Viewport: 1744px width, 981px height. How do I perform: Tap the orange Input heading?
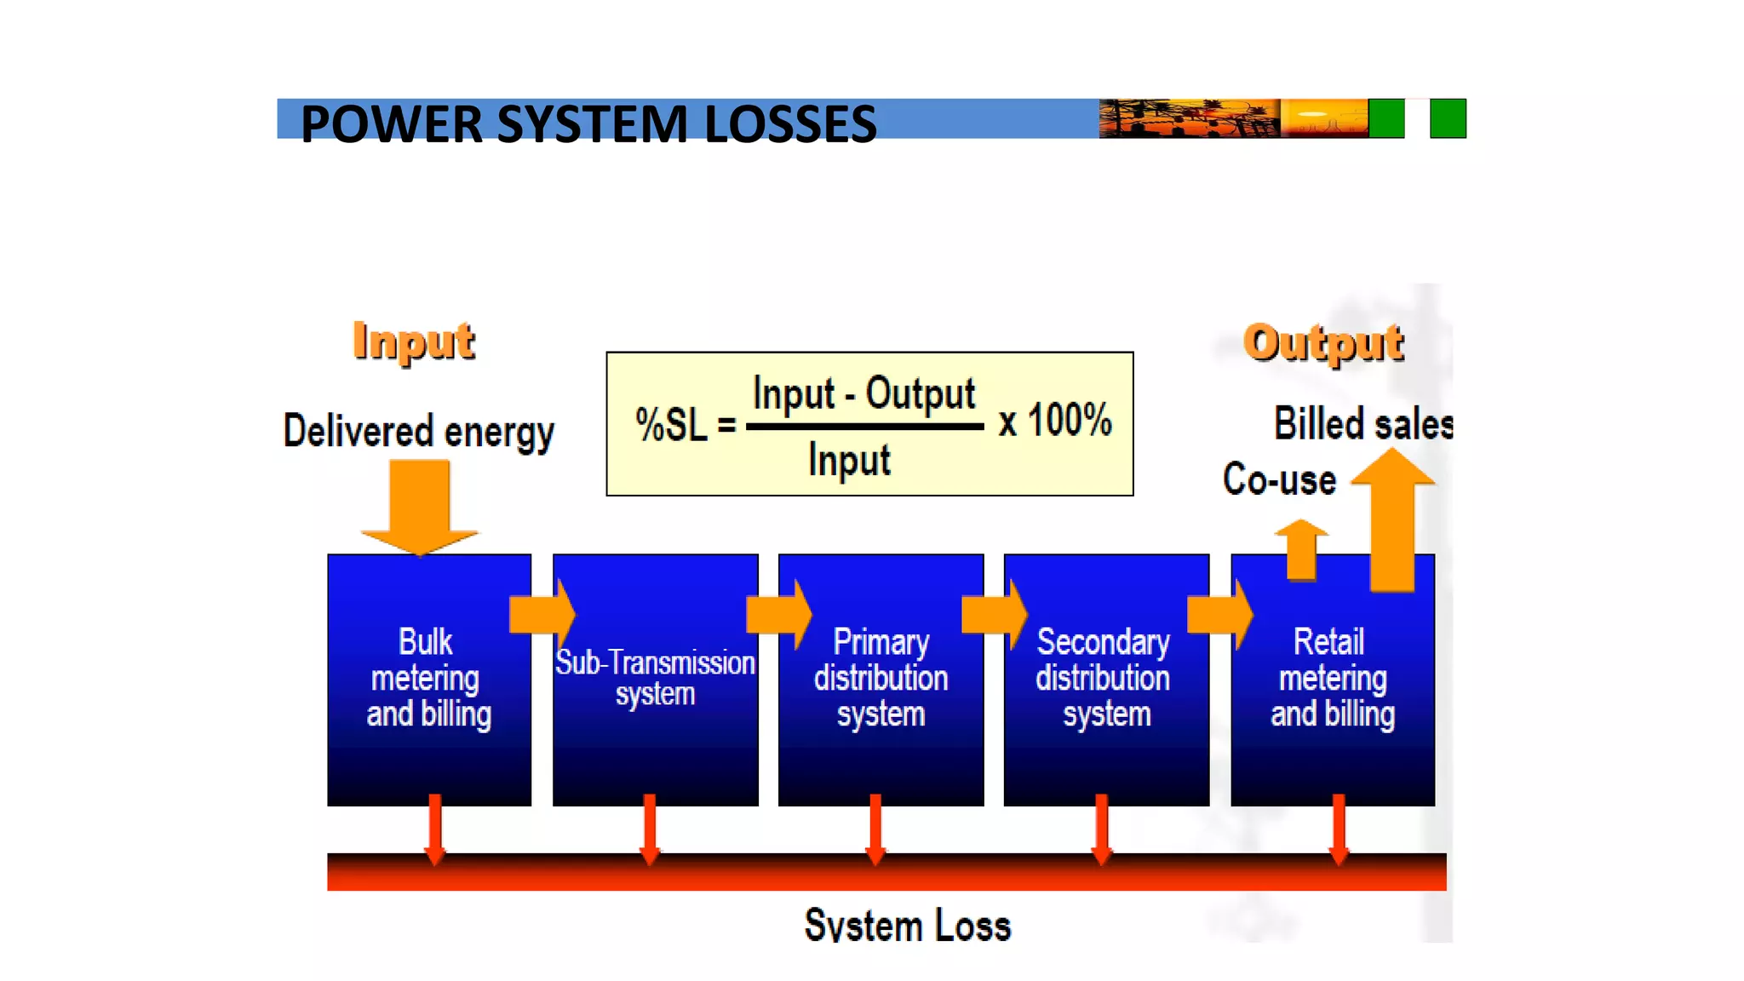pyautogui.click(x=414, y=341)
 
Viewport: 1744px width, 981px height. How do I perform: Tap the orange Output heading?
pyautogui.click(x=1323, y=343)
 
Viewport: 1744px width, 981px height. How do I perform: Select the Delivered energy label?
pyautogui.click(x=418, y=431)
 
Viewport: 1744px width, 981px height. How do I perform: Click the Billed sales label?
pyautogui.click(x=1362, y=424)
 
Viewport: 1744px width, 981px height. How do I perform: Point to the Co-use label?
pyautogui.click(x=1279, y=479)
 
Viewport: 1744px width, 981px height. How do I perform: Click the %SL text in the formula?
pyautogui.click(x=671, y=424)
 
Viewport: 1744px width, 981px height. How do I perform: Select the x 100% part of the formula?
pyautogui.click(x=1055, y=421)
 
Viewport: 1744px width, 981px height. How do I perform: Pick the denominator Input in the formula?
pyautogui.click(x=849, y=460)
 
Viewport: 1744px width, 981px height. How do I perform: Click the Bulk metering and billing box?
pyautogui.click(x=428, y=679)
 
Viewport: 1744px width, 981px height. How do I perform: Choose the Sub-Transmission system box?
pyautogui.click(x=655, y=679)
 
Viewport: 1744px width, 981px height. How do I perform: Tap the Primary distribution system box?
pyautogui.click(x=881, y=679)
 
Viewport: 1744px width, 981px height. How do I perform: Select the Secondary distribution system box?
pyautogui.click(x=1105, y=679)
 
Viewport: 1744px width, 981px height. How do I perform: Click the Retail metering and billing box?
pyautogui.click(x=1332, y=679)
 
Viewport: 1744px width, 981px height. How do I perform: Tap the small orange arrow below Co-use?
pyautogui.click(x=1301, y=550)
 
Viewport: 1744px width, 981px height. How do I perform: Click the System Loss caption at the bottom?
pyautogui.click(x=907, y=926)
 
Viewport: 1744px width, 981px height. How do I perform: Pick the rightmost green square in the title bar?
pyautogui.click(x=1448, y=118)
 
